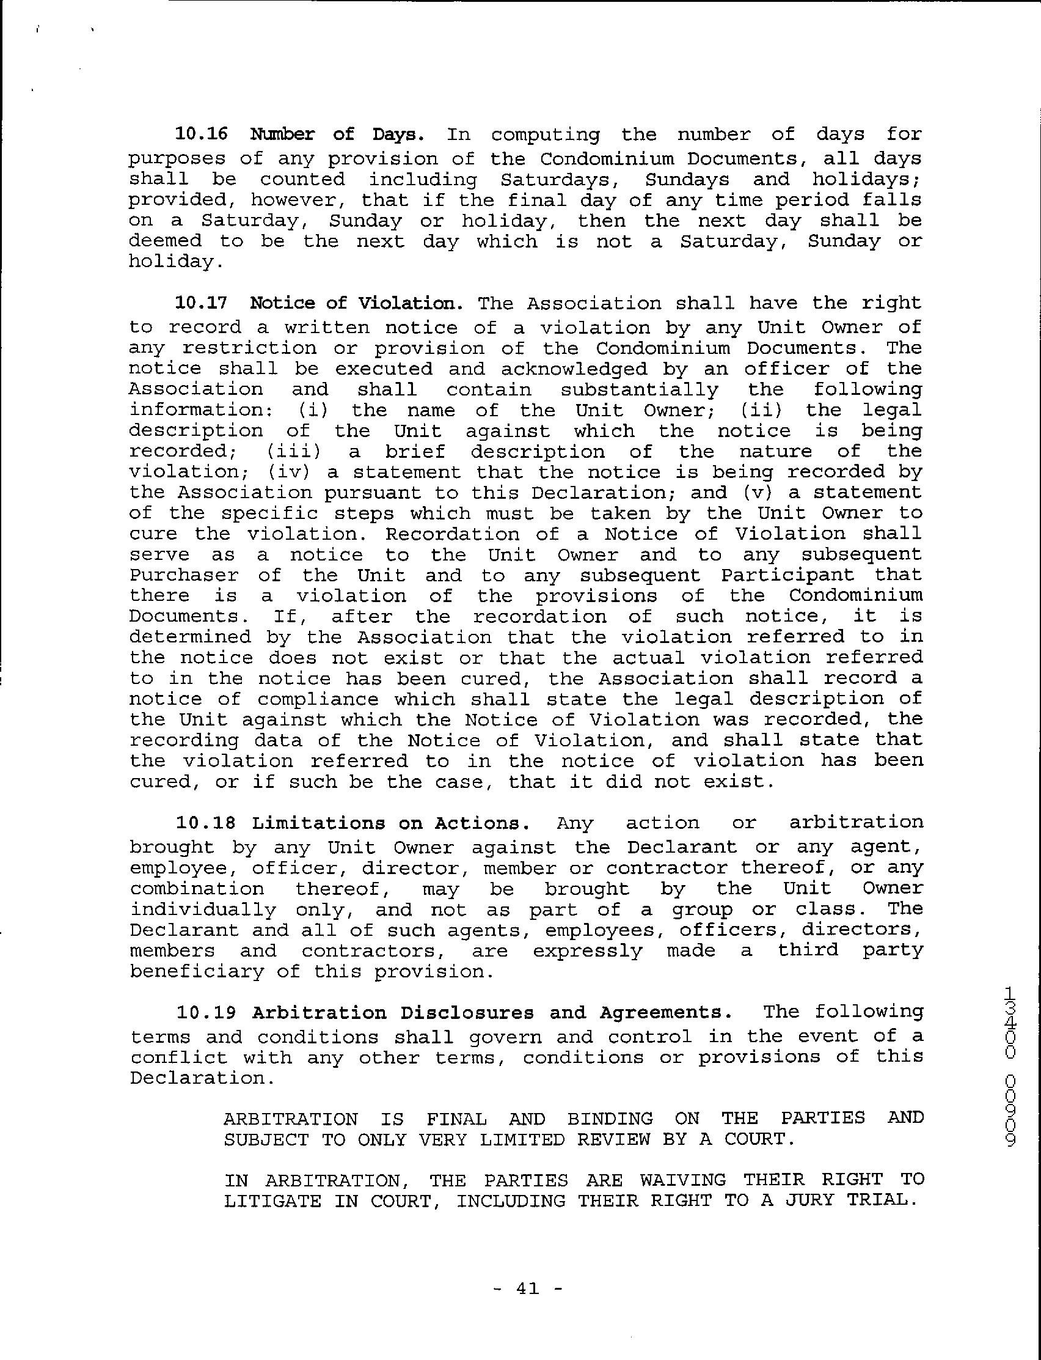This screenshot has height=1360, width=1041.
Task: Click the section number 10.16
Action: click(202, 134)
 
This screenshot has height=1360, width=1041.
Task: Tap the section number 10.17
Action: click(202, 303)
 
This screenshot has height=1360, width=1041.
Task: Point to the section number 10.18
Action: click(202, 823)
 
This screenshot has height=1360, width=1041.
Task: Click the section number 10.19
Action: click(202, 1013)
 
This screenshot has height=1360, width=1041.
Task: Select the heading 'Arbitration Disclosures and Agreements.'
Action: click(492, 1013)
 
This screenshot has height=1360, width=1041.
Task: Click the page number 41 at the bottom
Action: click(527, 1288)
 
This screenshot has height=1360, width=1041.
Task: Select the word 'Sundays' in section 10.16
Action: click(687, 180)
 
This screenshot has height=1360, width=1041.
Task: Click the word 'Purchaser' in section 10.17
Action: click(184, 576)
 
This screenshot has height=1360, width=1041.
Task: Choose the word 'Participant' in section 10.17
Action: click(787, 576)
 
